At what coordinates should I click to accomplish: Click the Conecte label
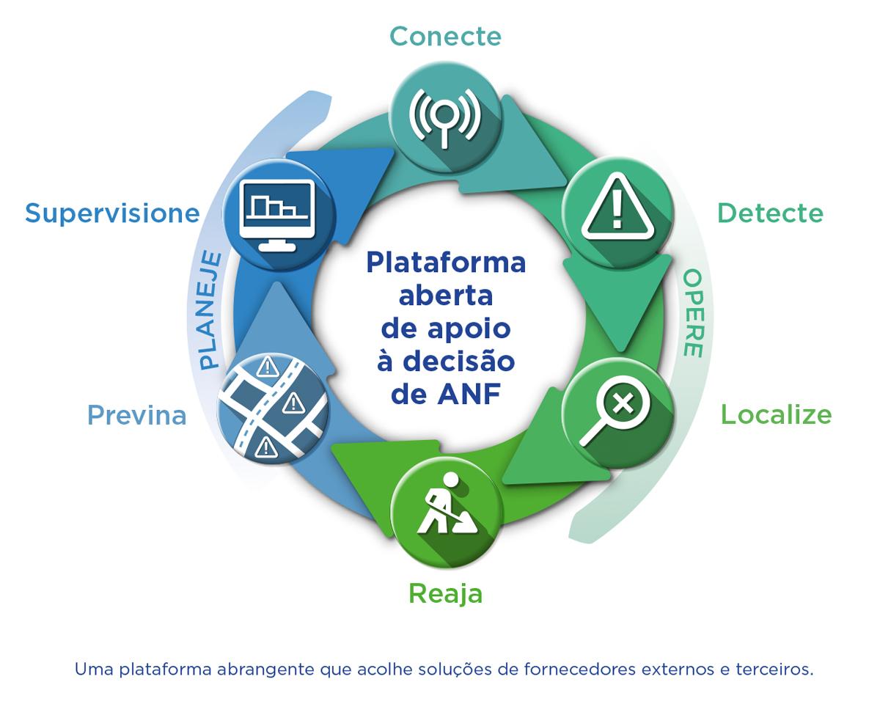click(445, 37)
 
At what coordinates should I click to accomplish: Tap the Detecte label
click(771, 213)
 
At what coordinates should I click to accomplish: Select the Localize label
click(776, 415)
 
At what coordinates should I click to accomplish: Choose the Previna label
click(137, 416)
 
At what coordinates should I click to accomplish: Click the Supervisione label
click(112, 214)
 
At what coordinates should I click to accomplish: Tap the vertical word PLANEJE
click(210, 310)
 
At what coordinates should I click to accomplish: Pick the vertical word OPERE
click(693, 313)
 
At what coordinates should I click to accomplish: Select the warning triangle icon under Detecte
click(617, 208)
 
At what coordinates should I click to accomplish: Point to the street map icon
click(273, 409)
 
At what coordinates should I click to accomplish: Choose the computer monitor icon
click(277, 216)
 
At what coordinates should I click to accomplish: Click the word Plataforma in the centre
click(446, 263)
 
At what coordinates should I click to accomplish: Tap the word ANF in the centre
click(469, 395)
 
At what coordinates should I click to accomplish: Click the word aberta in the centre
click(446, 296)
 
